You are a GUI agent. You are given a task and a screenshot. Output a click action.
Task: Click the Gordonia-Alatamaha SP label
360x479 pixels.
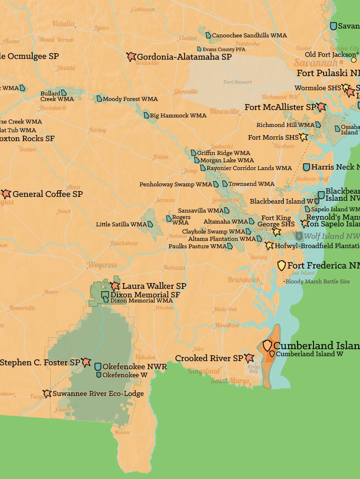(184, 57)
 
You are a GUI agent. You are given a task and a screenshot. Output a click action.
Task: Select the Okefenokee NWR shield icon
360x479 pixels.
(98, 366)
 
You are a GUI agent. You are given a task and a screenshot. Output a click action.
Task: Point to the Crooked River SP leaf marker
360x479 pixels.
(249, 358)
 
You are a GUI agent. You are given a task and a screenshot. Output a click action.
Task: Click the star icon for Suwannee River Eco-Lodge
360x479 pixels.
(47, 394)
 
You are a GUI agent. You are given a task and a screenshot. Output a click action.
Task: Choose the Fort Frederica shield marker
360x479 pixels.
(281, 265)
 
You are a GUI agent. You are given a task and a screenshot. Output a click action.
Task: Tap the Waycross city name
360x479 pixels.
(102, 265)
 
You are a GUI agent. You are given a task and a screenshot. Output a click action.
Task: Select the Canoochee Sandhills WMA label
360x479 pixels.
(249, 35)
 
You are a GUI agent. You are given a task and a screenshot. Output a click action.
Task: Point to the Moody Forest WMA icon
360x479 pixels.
(99, 99)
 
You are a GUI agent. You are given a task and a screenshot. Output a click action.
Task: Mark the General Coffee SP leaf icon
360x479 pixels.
(6, 194)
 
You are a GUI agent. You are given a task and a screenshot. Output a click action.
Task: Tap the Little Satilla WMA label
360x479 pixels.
(121, 224)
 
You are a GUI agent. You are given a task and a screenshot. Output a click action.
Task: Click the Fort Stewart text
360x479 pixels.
(237, 82)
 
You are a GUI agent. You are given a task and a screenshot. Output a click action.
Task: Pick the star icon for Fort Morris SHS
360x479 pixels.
(303, 137)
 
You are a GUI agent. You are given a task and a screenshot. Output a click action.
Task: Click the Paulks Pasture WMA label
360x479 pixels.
(197, 246)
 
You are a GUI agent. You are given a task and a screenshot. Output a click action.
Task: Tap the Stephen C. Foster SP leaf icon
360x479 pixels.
(86, 363)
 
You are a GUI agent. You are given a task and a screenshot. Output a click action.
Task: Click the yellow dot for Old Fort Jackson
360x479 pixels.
(354, 60)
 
